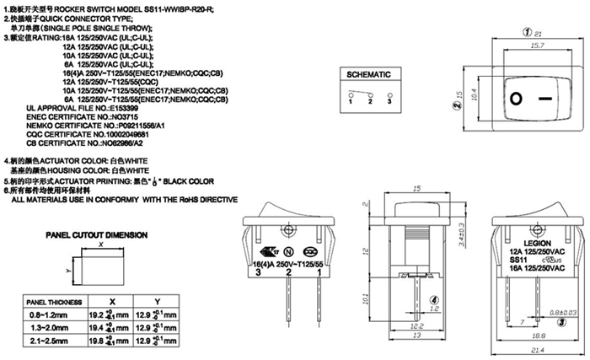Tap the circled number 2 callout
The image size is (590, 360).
456,106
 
